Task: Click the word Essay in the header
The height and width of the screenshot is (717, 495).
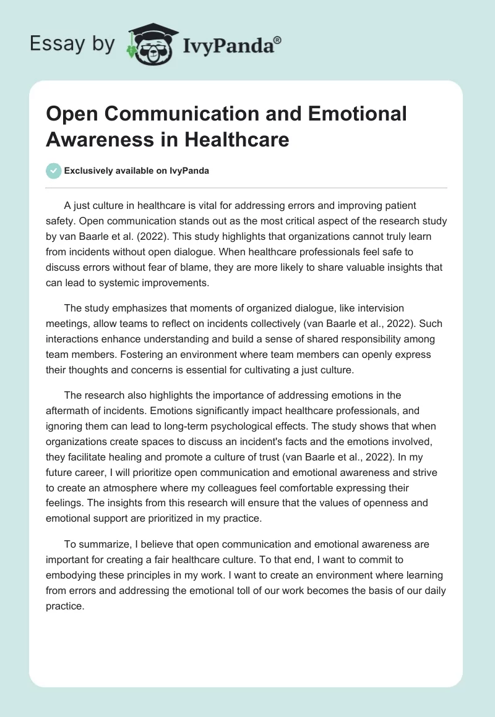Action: click(59, 43)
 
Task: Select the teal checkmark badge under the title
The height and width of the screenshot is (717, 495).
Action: click(54, 171)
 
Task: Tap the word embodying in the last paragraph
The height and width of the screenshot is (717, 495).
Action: click(74, 575)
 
